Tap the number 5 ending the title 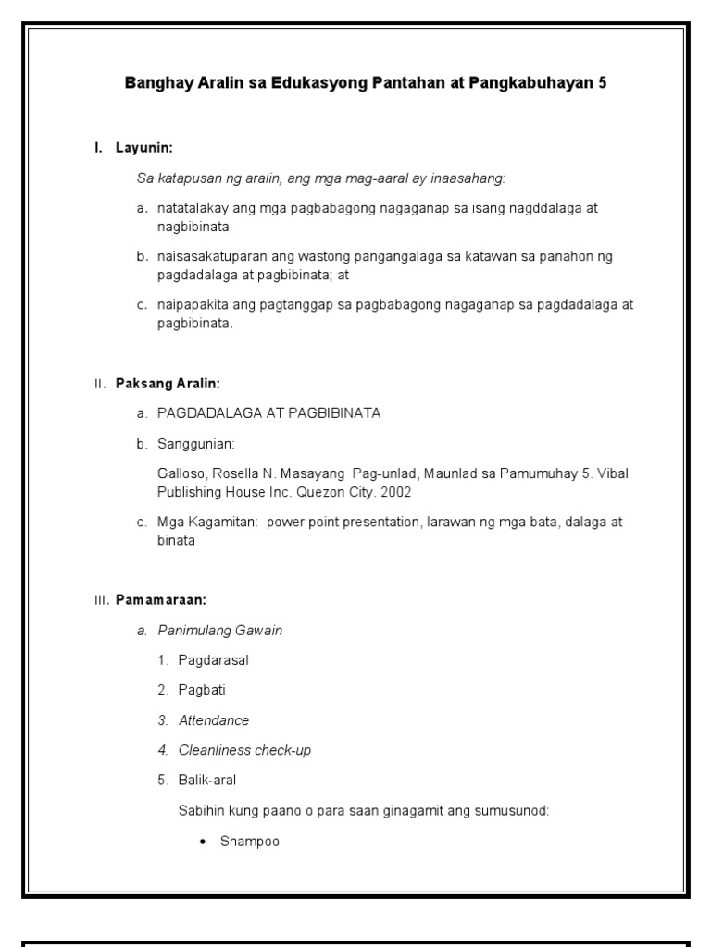pos(603,83)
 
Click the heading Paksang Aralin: pos(168,383)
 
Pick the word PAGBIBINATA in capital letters pos(337,413)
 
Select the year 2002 pos(394,492)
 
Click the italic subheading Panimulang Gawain pos(220,631)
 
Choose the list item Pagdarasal pos(214,660)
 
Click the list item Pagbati pos(203,690)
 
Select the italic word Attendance pos(214,720)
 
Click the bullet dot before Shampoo pos(203,842)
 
